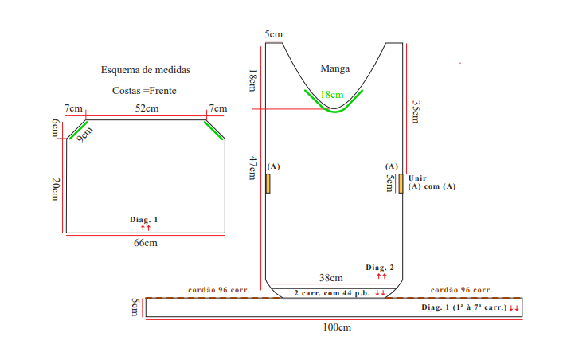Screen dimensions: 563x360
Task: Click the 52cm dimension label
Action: click(x=147, y=108)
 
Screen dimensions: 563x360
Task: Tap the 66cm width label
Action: click(x=146, y=243)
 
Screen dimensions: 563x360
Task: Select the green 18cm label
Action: click(x=332, y=95)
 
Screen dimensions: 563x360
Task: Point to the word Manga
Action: click(x=335, y=68)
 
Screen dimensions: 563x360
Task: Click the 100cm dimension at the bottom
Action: click(x=337, y=327)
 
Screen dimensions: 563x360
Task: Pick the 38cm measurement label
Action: click(x=331, y=278)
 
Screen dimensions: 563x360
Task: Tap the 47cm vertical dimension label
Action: click(x=253, y=168)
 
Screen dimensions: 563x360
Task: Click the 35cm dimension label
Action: click(x=416, y=112)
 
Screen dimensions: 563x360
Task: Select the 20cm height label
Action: click(x=55, y=189)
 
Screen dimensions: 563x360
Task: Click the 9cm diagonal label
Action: click(x=84, y=135)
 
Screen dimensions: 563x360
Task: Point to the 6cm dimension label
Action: click(x=55, y=128)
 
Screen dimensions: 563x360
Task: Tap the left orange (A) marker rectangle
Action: click(x=268, y=184)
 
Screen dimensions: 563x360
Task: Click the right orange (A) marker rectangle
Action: click(x=401, y=184)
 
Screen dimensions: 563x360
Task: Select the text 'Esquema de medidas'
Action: click(x=146, y=70)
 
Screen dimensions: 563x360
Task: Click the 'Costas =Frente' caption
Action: click(x=144, y=91)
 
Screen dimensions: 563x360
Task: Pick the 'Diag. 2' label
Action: click(x=380, y=268)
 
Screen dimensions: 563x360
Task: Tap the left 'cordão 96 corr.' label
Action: click(x=219, y=290)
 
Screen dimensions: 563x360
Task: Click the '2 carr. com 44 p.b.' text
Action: click(x=332, y=293)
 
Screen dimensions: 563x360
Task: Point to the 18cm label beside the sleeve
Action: click(x=253, y=80)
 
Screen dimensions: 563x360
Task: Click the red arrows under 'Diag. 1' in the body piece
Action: click(x=146, y=228)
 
